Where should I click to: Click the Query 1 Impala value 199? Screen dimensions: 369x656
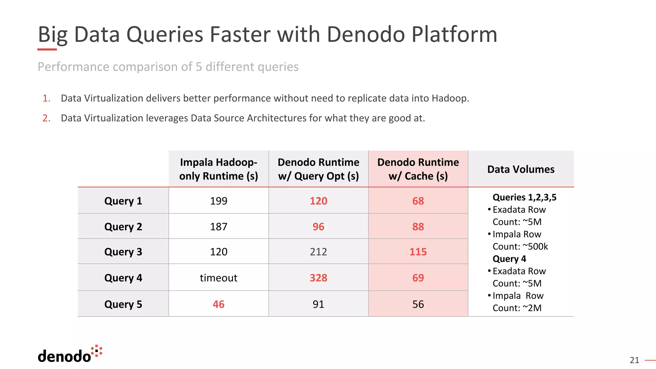pyautogui.click(x=218, y=201)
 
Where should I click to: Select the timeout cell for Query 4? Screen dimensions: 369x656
pyautogui.click(x=218, y=278)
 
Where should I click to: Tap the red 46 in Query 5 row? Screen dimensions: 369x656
pyautogui.click(x=218, y=304)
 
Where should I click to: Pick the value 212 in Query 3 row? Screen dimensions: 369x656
pyautogui.click(x=318, y=252)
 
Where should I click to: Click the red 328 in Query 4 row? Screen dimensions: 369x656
pyautogui.click(x=318, y=278)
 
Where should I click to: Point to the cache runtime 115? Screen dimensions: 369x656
pyautogui.click(x=418, y=252)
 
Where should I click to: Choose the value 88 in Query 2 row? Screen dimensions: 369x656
pyautogui.click(x=418, y=227)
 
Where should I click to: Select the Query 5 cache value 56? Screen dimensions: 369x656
pyautogui.click(x=418, y=304)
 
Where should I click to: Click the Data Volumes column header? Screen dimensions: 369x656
pyautogui.click(x=521, y=169)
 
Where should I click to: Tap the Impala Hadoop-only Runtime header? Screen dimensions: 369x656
pyautogui.click(x=218, y=169)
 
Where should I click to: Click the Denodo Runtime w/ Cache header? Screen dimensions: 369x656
pyautogui.click(x=418, y=169)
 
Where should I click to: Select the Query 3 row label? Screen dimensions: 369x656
pyautogui.click(x=123, y=252)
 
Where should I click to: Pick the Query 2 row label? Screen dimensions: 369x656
pyautogui.click(x=123, y=227)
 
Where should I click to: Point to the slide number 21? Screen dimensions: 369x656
pyautogui.click(x=634, y=360)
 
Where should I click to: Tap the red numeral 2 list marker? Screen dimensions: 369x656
pyautogui.click(x=46, y=118)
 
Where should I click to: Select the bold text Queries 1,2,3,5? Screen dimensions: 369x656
pyautogui.click(x=524, y=197)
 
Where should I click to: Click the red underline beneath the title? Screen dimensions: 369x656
pyautogui.click(x=47, y=49)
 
